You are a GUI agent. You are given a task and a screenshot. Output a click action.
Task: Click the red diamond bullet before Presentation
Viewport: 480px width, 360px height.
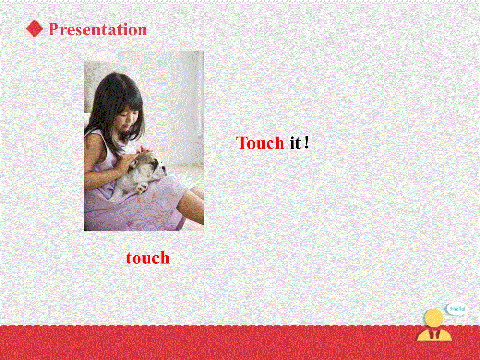point(34,29)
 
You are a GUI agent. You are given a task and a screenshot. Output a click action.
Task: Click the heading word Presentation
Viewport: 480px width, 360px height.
point(97,29)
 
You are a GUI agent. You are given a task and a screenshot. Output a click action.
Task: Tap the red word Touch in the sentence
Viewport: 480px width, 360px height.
point(260,143)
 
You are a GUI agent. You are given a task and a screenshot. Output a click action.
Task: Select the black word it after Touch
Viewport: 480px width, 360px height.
point(295,143)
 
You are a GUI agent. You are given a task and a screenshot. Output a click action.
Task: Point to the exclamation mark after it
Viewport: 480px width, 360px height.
point(307,142)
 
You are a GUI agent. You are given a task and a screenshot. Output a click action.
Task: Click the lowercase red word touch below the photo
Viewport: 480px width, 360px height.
point(148,258)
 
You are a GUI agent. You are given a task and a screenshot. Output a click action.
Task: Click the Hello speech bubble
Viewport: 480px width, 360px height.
point(457,309)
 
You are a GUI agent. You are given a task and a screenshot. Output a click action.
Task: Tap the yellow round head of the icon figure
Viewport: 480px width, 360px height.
point(434,318)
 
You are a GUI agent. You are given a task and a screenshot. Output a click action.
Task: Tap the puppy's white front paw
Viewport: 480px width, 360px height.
point(141,187)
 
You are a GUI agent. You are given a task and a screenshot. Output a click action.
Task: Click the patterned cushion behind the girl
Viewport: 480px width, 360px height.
point(94,73)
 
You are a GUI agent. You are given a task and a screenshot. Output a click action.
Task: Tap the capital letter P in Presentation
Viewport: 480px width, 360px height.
point(53,29)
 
